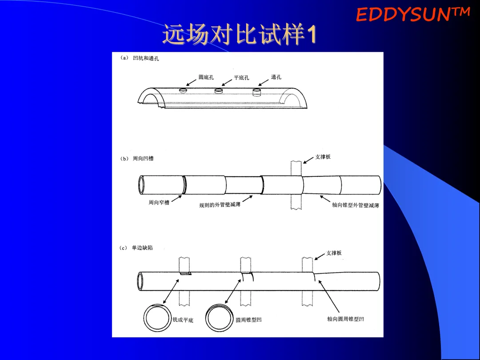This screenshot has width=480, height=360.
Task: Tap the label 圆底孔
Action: point(206,77)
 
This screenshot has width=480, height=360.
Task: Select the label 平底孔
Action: point(241,78)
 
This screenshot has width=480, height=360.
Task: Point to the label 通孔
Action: point(276,77)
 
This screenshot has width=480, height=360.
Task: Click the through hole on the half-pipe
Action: point(256,92)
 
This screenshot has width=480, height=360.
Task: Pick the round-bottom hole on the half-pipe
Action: point(183,91)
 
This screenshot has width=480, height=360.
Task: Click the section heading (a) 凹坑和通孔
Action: point(140,59)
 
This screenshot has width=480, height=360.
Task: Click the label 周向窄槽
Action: point(159,203)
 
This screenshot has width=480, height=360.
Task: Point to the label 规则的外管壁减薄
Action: point(220,205)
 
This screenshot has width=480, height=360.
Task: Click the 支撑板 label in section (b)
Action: point(323,157)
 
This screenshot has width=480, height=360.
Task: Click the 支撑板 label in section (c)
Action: point(334,253)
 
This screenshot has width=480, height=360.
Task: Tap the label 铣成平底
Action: point(183,320)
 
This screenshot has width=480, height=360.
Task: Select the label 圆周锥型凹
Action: point(248,320)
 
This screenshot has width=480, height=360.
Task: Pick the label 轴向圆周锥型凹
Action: point(345,319)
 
